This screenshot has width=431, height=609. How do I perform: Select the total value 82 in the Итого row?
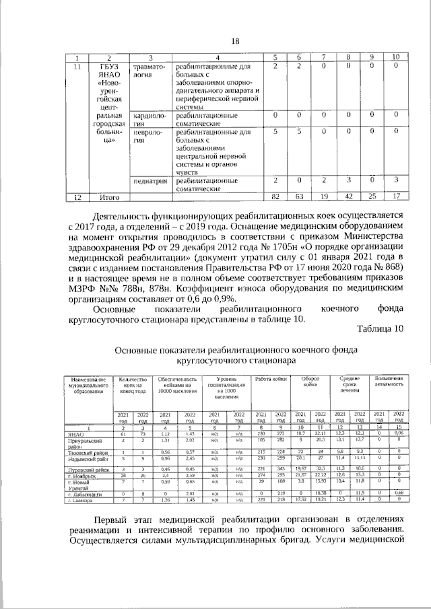[x=275, y=196]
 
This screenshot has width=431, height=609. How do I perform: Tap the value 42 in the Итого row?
[x=348, y=196]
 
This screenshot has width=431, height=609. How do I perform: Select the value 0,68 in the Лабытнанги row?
[x=399, y=494]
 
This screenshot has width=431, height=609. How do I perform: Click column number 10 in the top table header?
[x=396, y=57]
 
